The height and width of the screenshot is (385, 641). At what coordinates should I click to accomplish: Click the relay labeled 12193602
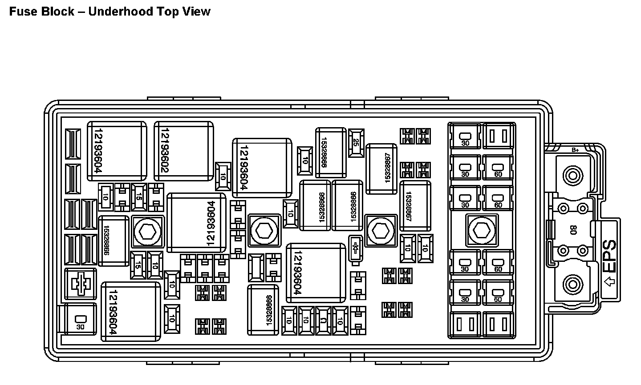pos(183,151)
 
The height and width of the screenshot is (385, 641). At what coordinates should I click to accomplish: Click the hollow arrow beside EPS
pos(609,281)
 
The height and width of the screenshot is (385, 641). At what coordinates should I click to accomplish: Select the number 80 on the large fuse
pos(573,230)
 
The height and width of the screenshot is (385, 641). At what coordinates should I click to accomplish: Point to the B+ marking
pos(575,150)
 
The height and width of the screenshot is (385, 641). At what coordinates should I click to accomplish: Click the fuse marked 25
pos(356,143)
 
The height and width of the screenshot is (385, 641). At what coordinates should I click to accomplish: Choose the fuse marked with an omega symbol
pos(322,321)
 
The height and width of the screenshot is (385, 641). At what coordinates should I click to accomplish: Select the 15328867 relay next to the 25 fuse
pos(381,169)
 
